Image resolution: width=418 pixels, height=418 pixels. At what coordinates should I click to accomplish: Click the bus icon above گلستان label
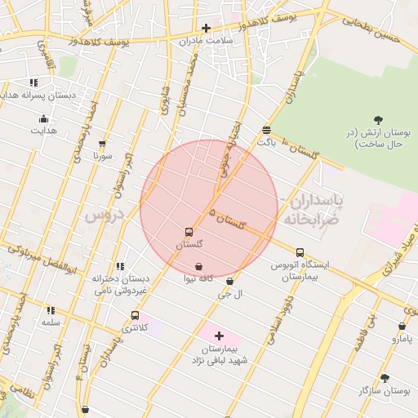pos(189,232)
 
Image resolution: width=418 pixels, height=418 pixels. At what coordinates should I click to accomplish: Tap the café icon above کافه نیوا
pos(199,267)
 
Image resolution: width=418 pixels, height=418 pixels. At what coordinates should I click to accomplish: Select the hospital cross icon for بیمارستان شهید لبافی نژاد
pos(219,336)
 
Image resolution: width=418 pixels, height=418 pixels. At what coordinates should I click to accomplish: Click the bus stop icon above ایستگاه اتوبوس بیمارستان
pos(300,252)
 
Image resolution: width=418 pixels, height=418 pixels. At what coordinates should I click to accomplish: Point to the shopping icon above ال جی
pos(229,282)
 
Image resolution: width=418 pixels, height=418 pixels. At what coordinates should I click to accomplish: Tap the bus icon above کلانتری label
pos(135,315)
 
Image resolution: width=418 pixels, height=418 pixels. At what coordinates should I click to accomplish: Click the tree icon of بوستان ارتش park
pos(377,121)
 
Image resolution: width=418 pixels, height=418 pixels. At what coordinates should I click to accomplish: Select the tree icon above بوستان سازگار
pos(385,378)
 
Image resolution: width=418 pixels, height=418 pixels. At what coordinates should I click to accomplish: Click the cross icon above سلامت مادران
pos(206,28)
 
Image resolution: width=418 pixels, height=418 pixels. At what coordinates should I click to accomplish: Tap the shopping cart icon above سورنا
pos(102,144)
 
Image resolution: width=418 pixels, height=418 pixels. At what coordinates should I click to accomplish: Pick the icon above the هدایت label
pos(43,119)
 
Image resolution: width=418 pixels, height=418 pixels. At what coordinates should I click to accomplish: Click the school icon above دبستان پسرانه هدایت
pos(33,82)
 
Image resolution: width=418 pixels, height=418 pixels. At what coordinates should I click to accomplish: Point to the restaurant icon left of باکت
pos(266,131)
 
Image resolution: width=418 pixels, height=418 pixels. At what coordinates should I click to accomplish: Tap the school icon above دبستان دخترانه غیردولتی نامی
pos(120,266)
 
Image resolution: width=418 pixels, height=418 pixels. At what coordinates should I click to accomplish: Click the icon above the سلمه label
pos(51,310)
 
